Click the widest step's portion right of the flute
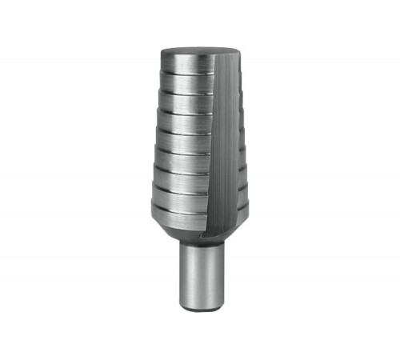coord(240,216)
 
